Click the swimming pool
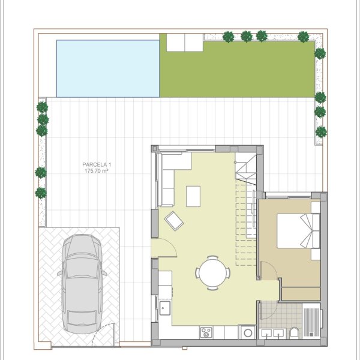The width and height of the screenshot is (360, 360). (108, 68)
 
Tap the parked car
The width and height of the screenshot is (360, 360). (82, 284)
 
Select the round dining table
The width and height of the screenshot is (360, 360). (212, 273)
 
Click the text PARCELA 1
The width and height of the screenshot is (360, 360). (97, 164)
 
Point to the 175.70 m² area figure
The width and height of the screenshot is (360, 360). (97, 171)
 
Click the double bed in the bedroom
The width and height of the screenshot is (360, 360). (298, 231)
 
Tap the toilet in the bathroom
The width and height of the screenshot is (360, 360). (294, 332)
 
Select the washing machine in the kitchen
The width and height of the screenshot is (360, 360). (247, 332)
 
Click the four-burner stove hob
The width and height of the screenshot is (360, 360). (206, 332)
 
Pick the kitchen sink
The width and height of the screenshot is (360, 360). (165, 308)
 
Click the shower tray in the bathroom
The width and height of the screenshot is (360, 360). (311, 321)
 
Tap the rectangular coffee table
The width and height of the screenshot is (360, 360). (193, 196)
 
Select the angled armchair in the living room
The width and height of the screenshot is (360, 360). (174, 221)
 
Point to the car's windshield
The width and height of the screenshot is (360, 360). (82, 268)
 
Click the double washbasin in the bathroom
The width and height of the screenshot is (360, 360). (273, 333)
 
